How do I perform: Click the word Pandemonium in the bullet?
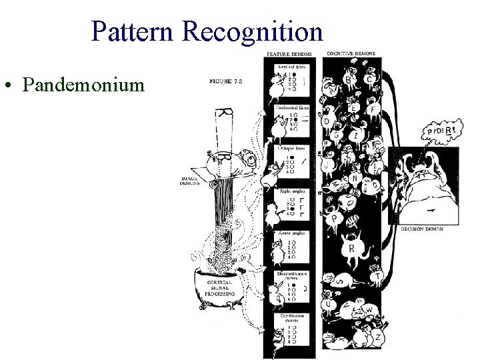tap(83, 85)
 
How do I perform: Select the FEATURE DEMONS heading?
tap(289, 54)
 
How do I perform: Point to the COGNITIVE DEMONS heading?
tap(351, 54)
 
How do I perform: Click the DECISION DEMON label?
tap(422, 229)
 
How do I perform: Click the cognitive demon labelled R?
tap(351, 249)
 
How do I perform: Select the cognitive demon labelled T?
tap(377, 276)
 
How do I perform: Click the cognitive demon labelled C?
tap(369, 79)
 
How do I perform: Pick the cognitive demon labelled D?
tap(326, 122)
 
